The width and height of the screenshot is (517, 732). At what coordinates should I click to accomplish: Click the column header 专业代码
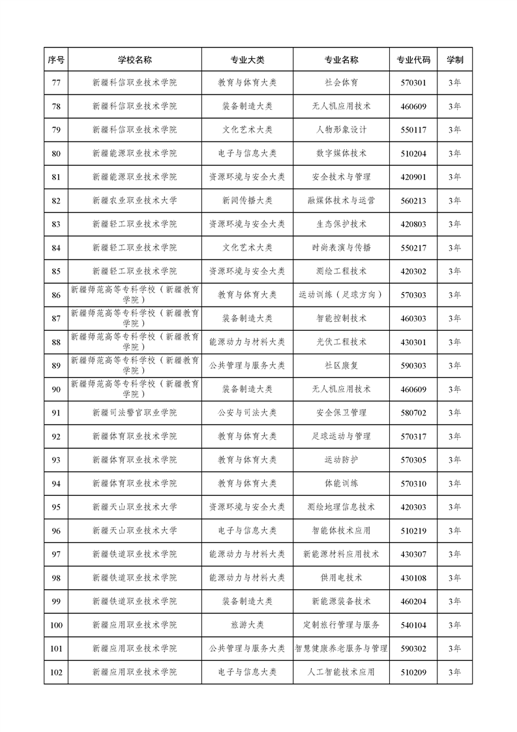pos(413,59)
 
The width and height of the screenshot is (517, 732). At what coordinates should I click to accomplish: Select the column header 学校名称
pos(134,59)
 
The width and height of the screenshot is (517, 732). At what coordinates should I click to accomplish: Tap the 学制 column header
pos(454,59)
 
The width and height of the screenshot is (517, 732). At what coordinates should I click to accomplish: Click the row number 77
pos(56,83)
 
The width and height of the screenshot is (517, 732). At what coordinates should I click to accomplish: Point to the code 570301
pos(413,83)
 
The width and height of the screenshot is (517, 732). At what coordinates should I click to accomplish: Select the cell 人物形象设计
pos(341,130)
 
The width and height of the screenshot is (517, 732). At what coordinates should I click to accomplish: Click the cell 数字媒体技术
pos(341,153)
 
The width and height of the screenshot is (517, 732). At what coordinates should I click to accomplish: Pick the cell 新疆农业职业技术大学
pos(134,200)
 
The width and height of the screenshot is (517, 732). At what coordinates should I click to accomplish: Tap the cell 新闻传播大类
pos(247,200)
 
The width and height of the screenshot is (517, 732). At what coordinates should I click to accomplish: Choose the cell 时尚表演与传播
pos(341,248)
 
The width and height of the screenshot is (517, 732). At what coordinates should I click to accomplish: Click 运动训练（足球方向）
pos(341,295)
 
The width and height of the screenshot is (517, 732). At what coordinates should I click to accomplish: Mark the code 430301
pos(413,342)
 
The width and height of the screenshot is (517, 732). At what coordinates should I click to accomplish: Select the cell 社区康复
pos(341,365)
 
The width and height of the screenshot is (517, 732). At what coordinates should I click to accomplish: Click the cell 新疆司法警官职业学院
pos(134,413)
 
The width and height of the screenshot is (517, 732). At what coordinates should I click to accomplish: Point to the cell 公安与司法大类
pos(247,413)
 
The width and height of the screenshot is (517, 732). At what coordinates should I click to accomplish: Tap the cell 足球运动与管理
pos(341,436)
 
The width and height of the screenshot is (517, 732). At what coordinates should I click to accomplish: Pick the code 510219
pos(413,530)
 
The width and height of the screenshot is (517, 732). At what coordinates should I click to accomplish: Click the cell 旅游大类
pos(247,625)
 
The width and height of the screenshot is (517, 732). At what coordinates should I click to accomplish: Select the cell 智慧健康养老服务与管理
pos(341,648)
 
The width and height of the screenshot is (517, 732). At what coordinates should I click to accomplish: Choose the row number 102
pos(56,672)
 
